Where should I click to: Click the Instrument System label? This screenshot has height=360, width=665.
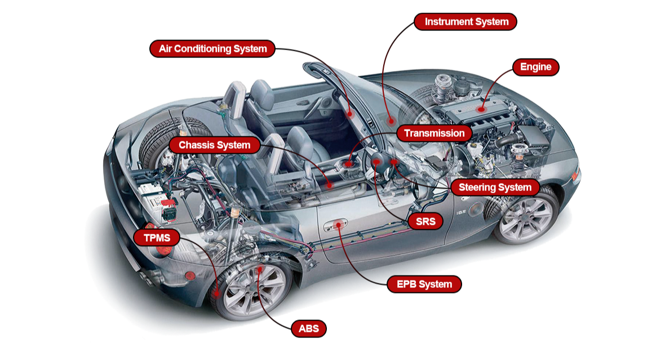pos(466,21)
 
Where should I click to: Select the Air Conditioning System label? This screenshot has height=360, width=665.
pos(212,49)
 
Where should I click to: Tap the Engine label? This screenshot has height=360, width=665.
pos(535,67)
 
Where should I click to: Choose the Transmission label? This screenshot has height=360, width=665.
pos(434,133)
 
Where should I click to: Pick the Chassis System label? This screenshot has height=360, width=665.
pos(214,145)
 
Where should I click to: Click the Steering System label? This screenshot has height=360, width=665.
pos(495,188)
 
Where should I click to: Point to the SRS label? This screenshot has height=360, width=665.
pos(425,221)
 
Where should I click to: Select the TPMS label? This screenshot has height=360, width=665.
pos(157,238)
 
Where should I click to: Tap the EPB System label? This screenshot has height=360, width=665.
pos(424,284)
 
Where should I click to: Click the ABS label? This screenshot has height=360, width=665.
pos(309,328)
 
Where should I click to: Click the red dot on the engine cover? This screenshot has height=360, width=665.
pos(481,109)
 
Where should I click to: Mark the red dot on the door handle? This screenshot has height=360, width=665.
pos(339,224)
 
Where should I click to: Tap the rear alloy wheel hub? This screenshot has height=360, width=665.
pos(255,290)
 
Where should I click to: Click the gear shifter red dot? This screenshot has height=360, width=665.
pos(349,164)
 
